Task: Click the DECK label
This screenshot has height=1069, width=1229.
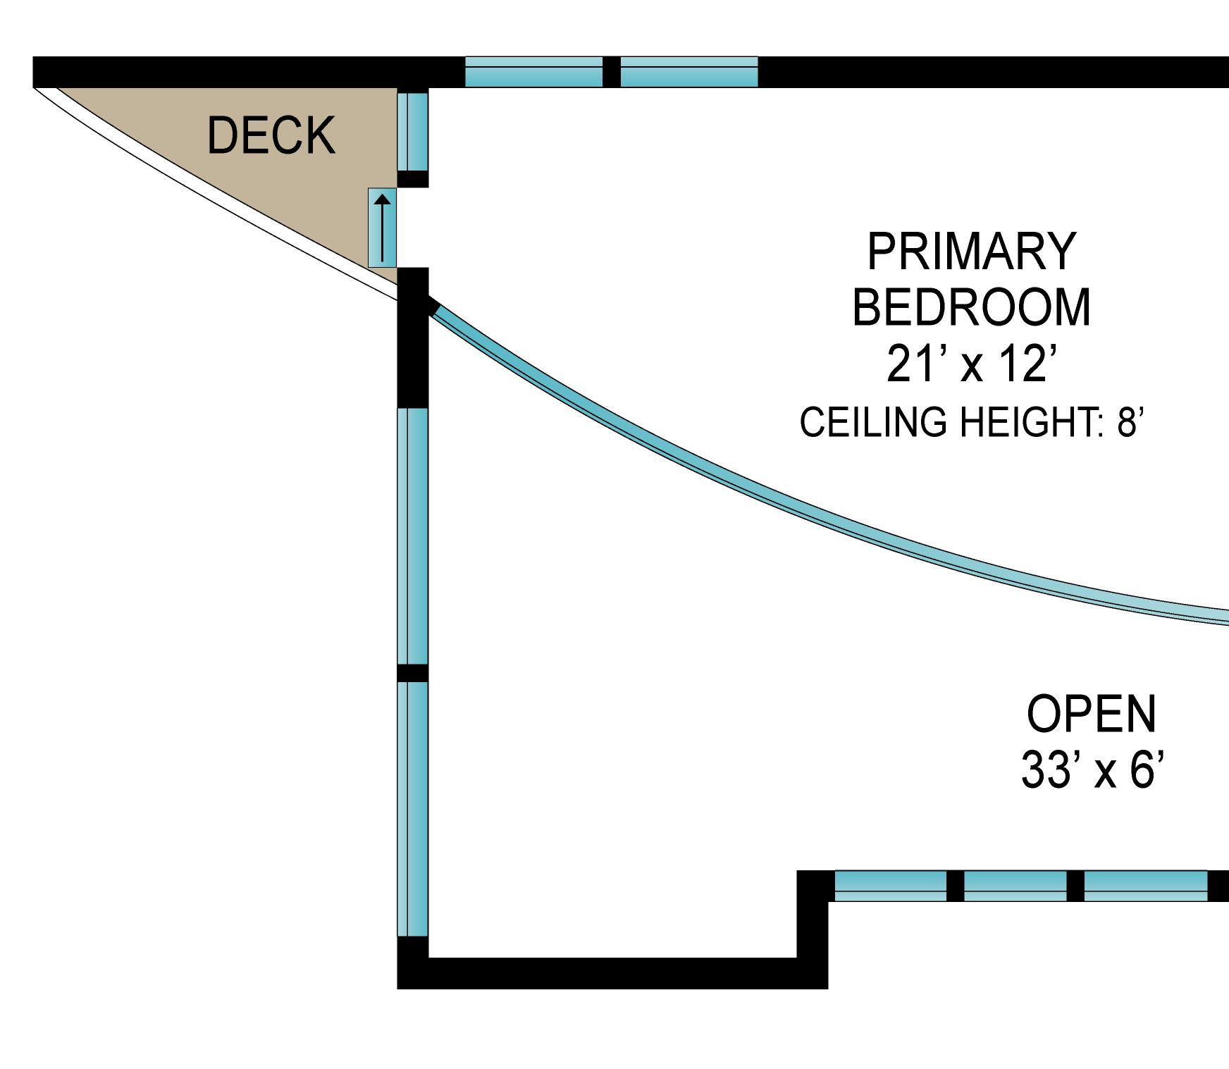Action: (271, 135)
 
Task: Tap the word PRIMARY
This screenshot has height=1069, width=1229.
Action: (971, 252)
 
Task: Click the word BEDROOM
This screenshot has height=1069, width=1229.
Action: (971, 308)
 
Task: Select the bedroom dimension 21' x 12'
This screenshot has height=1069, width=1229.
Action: (971, 364)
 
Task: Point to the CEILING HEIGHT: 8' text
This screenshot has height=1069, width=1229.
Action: (970, 422)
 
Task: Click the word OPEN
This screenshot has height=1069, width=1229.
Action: (1091, 714)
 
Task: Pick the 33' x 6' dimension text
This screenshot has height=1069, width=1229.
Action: (1091, 770)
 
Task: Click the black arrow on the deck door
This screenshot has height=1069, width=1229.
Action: (382, 227)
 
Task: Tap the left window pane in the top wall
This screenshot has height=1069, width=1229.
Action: (533, 72)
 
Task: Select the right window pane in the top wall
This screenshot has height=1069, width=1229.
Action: (688, 72)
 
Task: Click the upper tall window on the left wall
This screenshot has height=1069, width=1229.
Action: (412, 536)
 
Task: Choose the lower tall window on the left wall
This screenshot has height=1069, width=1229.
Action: (412, 809)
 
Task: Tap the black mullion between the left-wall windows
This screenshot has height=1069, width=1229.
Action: (412, 673)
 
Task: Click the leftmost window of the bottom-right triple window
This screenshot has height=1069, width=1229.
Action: (890, 886)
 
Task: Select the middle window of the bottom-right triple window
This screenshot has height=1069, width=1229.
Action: (1015, 886)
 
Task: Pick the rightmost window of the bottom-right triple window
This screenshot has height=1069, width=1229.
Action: (1145, 886)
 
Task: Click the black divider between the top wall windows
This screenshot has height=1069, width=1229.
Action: (611, 72)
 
